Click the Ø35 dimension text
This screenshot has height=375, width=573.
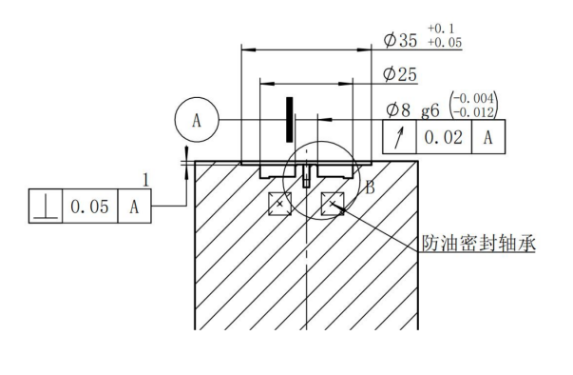click(x=400, y=40)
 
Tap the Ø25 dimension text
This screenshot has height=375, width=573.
click(x=400, y=74)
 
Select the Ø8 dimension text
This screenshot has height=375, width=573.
click(x=398, y=109)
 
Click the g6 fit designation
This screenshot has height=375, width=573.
click(x=430, y=110)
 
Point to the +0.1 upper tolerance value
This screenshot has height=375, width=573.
click(x=441, y=29)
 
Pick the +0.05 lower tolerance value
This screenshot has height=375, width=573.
click(x=445, y=43)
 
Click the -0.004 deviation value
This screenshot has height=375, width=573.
click(x=473, y=98)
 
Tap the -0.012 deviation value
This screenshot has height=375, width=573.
click(x=473, y=112)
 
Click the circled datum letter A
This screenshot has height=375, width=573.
click(x=197, y=120)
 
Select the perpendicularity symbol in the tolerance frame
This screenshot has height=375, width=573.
click(x=46, y=207)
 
